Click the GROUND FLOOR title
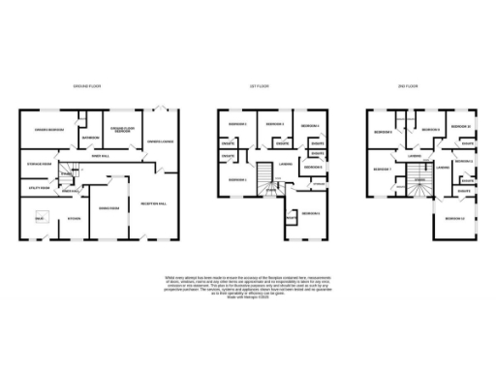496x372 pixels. (87, 86)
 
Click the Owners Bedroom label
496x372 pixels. (49, 130)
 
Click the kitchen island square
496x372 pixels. (41, 219)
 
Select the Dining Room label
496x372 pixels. (108, 207)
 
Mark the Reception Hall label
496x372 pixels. (154, 203)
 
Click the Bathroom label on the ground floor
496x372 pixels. (92, 137)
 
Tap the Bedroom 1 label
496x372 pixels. (237, 181)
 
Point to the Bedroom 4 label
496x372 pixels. (309, 127)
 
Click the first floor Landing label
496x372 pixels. (285, 164)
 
